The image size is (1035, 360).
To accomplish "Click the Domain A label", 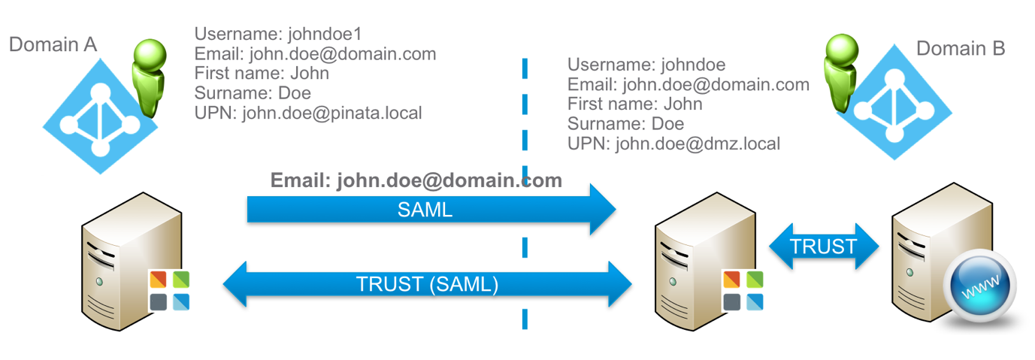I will [53, 45].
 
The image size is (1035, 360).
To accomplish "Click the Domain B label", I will [960, 49].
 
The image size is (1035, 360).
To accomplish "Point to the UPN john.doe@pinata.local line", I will [307, 113].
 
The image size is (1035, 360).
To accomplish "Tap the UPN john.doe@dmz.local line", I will [673, 144].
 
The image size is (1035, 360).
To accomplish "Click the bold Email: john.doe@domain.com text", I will [416, 180].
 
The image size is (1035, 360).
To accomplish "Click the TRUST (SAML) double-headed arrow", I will [427, 284].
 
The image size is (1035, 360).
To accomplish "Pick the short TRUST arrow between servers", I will [823, 247].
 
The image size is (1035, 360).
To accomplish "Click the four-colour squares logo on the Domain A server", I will [169, 291].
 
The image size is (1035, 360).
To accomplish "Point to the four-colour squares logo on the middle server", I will [743, 291].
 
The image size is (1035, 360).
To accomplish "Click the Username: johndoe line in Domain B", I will [646, 65].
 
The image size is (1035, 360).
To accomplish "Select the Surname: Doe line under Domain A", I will [252, 93].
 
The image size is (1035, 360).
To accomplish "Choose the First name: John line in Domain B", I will [634, 104].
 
